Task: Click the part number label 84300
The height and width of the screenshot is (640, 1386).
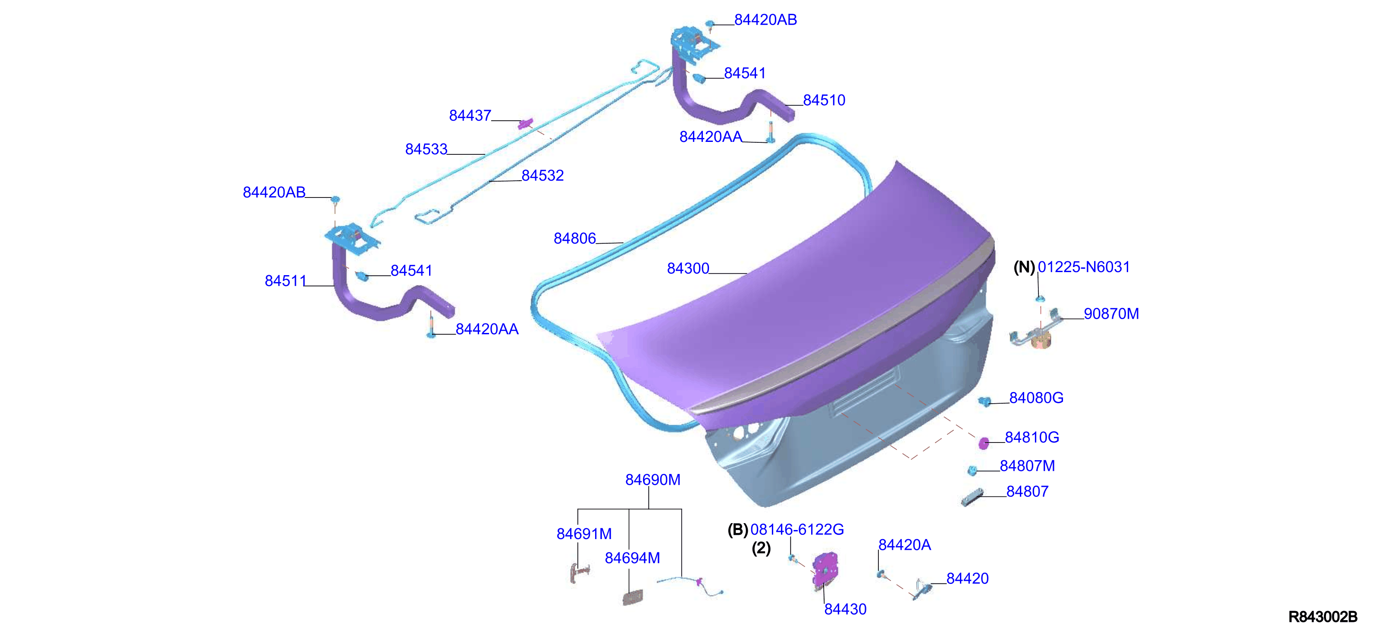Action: pos(688,268)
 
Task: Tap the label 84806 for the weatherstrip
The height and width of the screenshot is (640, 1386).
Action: pos(575,238)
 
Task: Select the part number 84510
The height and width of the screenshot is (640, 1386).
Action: pos(824,100)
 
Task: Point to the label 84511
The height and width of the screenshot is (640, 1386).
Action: pos(285,281)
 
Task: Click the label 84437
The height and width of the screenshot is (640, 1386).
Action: pos(470,116)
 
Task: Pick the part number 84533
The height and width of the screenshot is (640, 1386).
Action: pos(426,149)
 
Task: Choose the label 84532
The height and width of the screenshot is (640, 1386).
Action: pos(542,176)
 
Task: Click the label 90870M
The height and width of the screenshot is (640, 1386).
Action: pos(1111,314)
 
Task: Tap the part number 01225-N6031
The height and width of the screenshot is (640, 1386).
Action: pos(1084,267)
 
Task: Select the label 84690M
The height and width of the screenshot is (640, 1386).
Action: pos(652,480)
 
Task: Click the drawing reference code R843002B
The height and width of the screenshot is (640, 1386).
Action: pos(1323,617)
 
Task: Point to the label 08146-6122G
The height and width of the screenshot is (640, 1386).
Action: pos(797,530)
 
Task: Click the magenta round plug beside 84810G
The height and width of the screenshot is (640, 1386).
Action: pos(984,443)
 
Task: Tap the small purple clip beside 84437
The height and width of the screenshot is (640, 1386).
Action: pos(524,124)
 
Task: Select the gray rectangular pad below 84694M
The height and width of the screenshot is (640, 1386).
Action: pos(633,597)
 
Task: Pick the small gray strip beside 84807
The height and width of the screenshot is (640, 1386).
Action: pos(972,497)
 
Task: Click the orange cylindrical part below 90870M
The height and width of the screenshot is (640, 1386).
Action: pos(1041,341)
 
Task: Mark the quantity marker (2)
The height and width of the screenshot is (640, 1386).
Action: pos(761,549)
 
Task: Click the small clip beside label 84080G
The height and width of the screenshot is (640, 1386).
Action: pos(985,402)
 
